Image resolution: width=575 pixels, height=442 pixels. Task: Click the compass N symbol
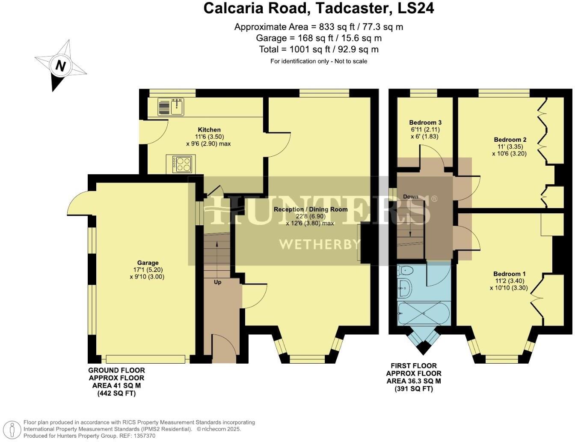tap(60, 66)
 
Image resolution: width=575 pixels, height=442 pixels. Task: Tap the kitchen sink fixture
tap(171, 107)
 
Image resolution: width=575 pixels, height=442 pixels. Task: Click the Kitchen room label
tap(209, 130)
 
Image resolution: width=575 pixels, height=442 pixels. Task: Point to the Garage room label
tap(148, 263)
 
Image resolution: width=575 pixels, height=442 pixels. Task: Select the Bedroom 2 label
tap(510, 140)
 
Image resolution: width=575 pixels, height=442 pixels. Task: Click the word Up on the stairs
tap(217, 282)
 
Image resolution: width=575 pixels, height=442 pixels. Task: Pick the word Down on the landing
tap(411, 197)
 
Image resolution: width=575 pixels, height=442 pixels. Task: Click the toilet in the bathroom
tap(405, 270)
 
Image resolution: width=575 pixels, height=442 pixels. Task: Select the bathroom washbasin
tap(404, 289)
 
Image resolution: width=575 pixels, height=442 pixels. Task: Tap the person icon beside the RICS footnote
tap(14, 429)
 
